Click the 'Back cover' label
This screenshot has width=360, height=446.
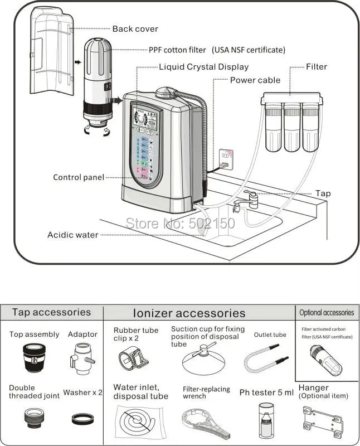click(x=135, y=29)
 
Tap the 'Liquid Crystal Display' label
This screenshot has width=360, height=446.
click(x=203, y=67)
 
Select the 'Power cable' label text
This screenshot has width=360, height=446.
click(x=255, y=80)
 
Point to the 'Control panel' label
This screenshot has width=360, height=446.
click(x=79, y=177)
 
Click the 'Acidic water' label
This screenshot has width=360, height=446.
click(x=72, y=235)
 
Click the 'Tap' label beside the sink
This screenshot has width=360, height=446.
click(x=323, y=193)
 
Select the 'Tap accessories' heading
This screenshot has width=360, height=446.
click(x=51, y=312)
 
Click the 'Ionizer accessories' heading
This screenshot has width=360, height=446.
click(x=189, y=313)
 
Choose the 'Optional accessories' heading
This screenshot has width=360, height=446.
click(x=327, y=313)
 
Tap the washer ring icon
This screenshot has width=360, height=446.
click(x=82, y=418)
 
